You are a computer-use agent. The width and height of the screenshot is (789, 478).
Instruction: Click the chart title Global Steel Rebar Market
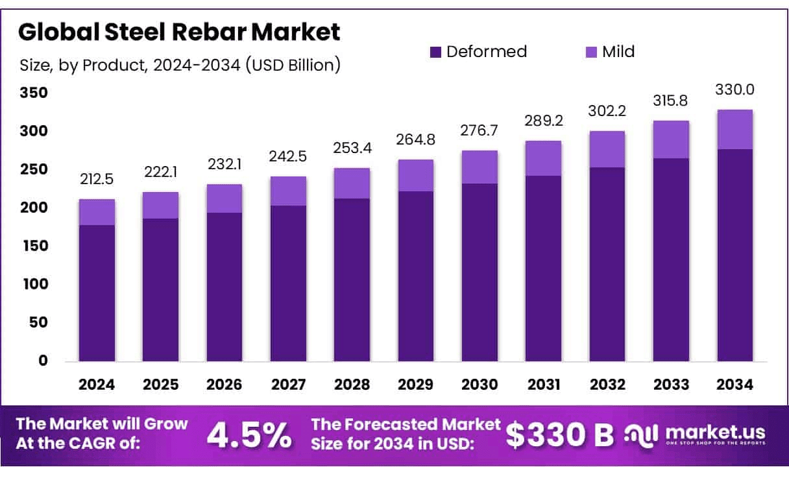(180, 32)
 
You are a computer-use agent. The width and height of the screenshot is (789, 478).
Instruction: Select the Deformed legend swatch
(435, 51)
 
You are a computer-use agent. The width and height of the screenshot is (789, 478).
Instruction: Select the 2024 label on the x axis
(97, 385)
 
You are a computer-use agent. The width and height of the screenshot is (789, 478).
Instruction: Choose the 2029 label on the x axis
(415, 385)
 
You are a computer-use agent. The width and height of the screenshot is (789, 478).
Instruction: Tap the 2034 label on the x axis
(735, 385)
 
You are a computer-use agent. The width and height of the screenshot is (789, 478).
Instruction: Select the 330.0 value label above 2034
(734, 89)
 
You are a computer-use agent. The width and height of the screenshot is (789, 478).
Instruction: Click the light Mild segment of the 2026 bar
(224, 198)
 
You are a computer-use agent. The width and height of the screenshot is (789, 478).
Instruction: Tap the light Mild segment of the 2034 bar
(734, 130)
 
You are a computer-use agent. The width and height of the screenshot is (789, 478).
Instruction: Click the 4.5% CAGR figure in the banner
(249, 436)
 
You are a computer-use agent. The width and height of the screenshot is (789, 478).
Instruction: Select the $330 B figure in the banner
(559, 436)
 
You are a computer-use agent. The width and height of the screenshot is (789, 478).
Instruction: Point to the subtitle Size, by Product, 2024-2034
(180, 66)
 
